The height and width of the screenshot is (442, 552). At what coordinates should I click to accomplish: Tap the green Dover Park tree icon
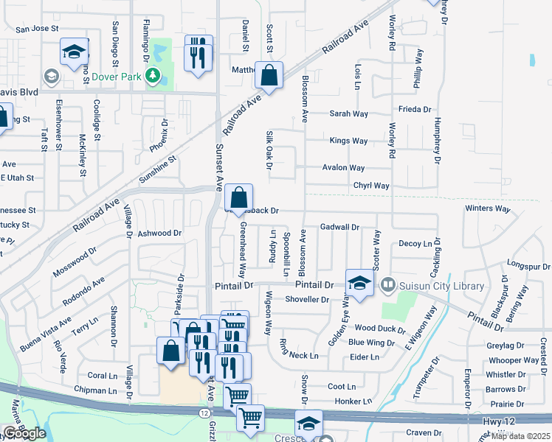153,75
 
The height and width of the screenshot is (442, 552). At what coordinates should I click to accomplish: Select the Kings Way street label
348,141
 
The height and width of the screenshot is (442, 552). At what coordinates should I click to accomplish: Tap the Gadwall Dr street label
339,228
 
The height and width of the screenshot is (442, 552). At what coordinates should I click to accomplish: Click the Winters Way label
488,209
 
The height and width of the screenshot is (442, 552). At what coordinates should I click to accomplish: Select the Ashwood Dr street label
159,233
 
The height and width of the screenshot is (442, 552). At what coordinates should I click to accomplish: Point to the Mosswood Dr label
75,262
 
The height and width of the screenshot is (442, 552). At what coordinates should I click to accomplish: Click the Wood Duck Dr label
380,328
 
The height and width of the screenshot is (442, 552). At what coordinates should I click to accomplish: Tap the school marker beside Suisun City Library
359,284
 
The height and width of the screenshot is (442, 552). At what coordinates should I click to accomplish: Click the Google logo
24,433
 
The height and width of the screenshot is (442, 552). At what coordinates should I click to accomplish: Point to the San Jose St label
37,29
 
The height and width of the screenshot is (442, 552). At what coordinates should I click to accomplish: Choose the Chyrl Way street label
370,186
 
